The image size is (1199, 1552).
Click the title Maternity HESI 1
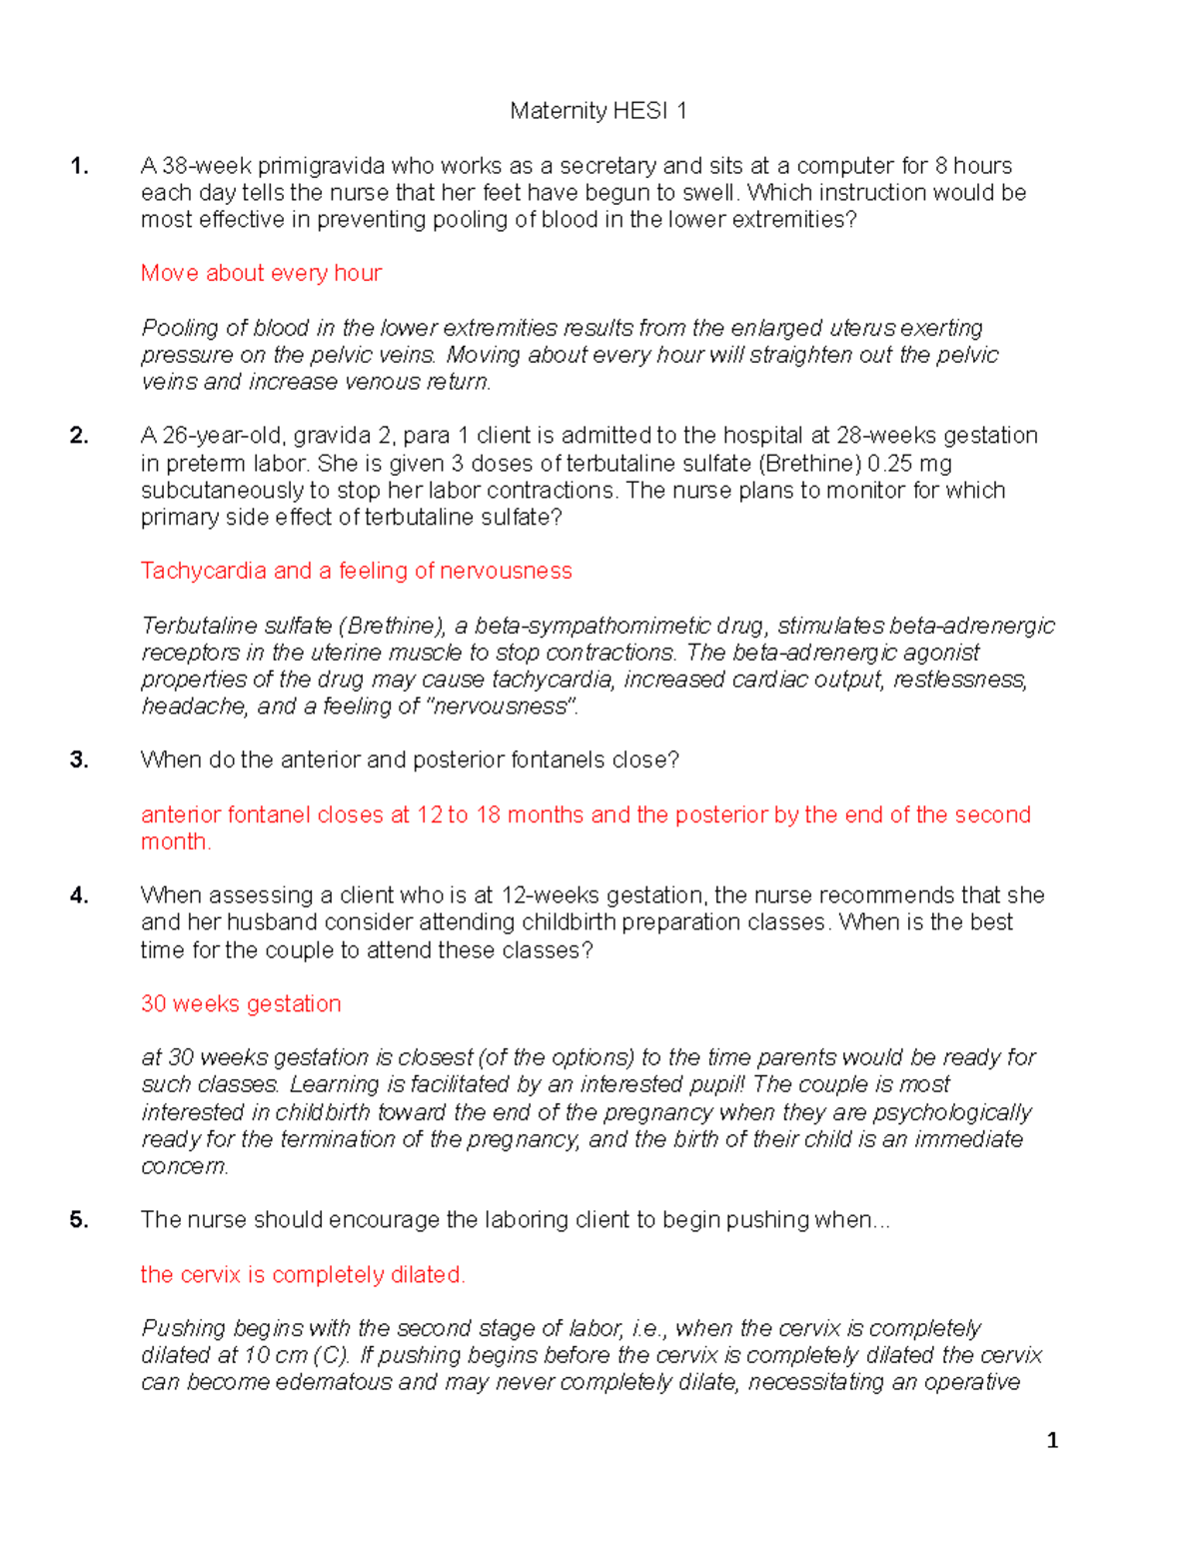tap(598, 111)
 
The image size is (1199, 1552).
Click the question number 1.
tap(79, 166)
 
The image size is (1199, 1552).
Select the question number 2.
tap(79, 436)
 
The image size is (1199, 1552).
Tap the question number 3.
tap(79, 761)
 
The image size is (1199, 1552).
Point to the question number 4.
tap(79, 895)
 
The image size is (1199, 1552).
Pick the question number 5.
tap(79, 1220)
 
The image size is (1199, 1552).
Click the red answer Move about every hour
tap(261, 273)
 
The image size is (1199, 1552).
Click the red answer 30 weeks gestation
tap(241, 1003)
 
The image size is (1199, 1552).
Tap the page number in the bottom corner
tap(1051, 1440)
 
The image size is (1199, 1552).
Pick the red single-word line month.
tap(176, 841)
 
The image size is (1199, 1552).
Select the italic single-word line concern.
tap(184, 1166)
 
